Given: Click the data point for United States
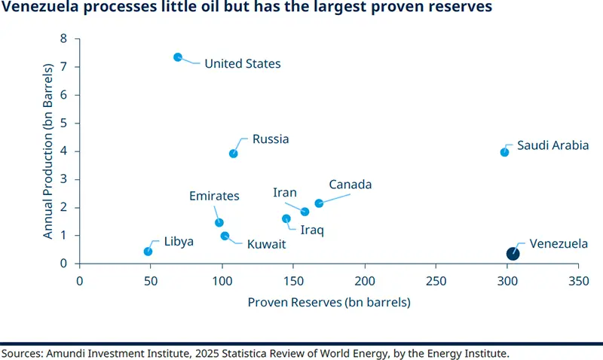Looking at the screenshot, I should point(178,57).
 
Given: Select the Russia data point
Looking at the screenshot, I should point(234,154).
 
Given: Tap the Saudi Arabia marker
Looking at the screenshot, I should point(504,152).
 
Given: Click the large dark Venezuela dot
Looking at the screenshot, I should point(513,254).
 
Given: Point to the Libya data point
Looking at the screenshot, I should point(148,252).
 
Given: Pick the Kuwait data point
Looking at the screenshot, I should point(225,236).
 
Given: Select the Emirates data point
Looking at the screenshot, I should point(219,222).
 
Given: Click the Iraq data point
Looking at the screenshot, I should point(286,218).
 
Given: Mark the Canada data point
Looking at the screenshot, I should point(319,203).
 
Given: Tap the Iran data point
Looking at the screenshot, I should point(305,212).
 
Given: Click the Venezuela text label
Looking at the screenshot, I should point(559,244).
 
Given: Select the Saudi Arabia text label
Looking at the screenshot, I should point(552,145).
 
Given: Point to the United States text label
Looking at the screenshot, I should point(243,64).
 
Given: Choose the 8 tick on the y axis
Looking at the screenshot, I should point(64,38).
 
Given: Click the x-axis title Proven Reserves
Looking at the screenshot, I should point(329,303).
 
